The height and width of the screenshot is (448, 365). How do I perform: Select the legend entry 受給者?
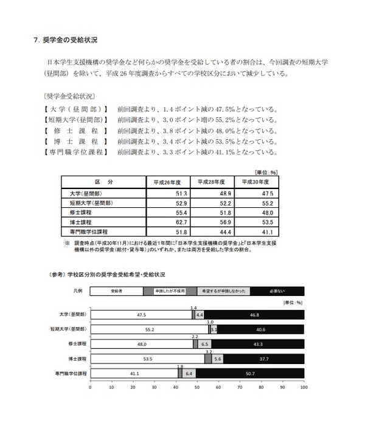[x=117, y=291]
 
